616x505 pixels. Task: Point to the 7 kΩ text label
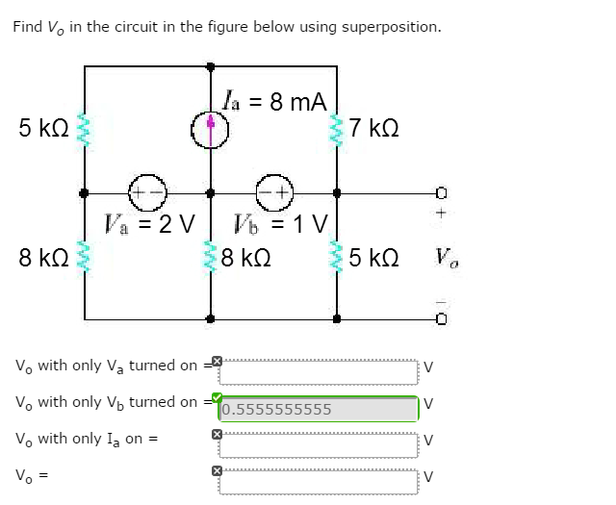pos(374,128)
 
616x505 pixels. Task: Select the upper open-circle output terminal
pos(443,191)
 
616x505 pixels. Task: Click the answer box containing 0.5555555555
pos(318,409)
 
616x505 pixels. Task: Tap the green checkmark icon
pos(217,397)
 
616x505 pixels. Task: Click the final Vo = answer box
pos(318,481)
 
